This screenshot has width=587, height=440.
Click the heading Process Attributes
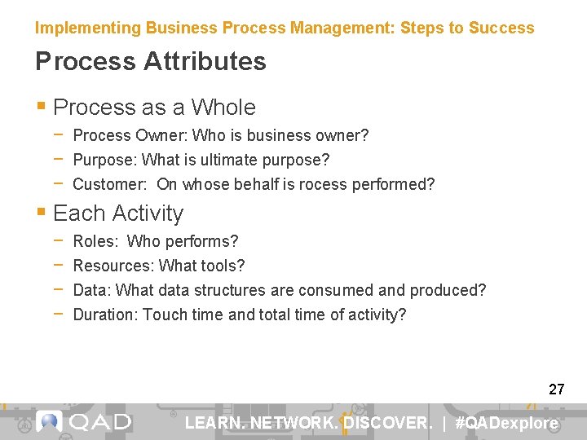151,62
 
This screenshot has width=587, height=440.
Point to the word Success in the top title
501,28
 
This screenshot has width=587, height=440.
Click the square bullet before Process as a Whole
42,108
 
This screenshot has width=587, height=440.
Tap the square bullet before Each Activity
42,213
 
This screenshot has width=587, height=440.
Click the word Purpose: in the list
105,160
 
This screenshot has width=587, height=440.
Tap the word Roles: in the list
95,241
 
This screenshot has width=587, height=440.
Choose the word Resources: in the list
113,266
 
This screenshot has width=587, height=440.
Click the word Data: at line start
92,290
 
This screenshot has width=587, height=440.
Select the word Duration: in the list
106,315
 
